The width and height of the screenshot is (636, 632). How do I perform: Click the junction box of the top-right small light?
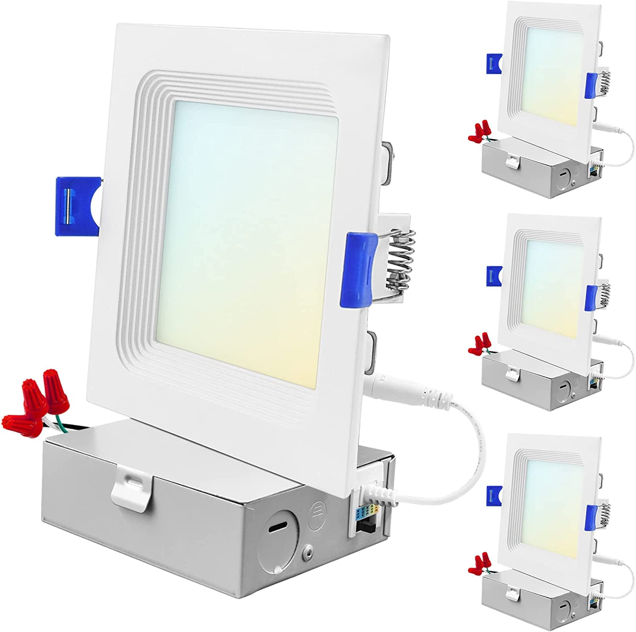(x=538, y=168)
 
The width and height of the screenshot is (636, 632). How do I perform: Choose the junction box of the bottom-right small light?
(x=538, y=594)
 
